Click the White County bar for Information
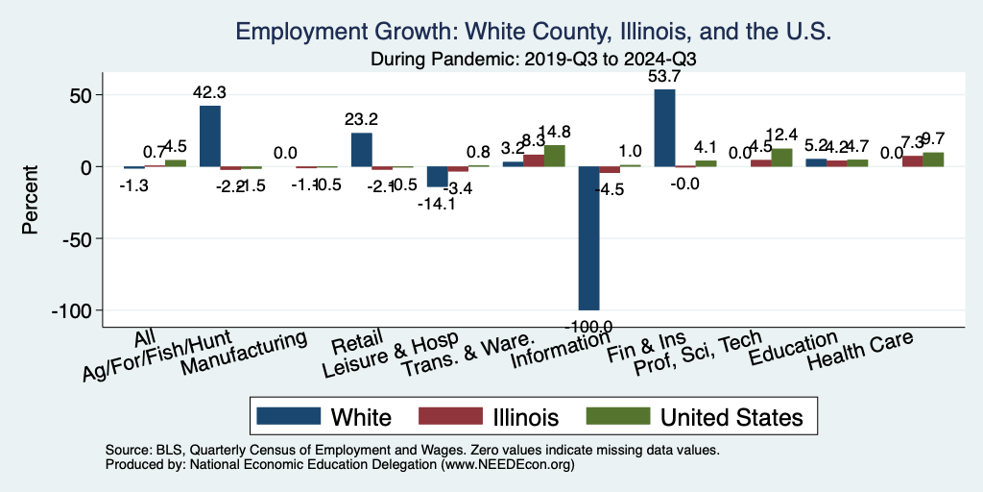pyautogui.click(x=588, y=237)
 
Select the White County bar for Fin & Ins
pyautogui.click(x=664, y=128)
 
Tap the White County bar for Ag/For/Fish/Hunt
pyautogui.click(x=210, y=135)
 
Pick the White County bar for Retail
pyautogui.click(x=361, y=149)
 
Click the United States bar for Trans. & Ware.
pyautogui.click(x=555, y=156)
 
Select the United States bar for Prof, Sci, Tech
pyautogui.click(x=781, y=158)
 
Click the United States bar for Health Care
pyautogui.click(x=933, y=160)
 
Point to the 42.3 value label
pyautogui.click(x=210, y=93)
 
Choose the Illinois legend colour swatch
pyautogui.click(x=449, y=416)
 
